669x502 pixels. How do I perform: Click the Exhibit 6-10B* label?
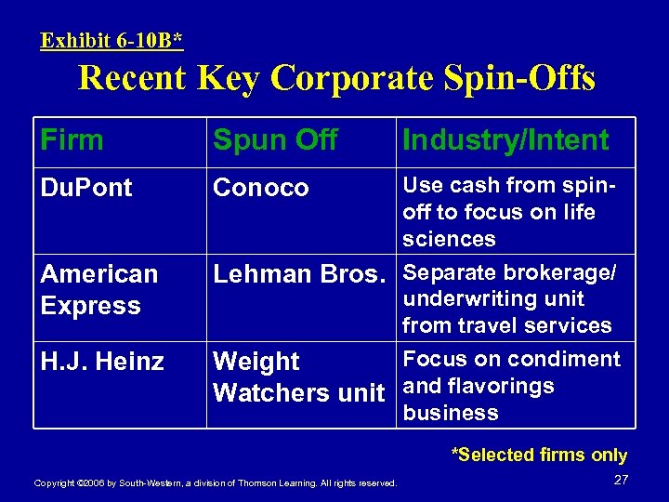(x=111, y=40)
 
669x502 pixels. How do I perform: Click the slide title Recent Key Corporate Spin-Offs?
(x=336, y=78)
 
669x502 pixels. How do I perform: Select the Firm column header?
(x=72, y=140)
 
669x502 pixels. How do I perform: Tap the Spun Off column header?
(x=275, y=140)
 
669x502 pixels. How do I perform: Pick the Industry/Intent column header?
(x=505, y=140)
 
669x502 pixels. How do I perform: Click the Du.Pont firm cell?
(x=86, y=187)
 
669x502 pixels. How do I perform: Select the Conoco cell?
(x=261, y=187)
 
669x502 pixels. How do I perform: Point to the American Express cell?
(x=99, y=289)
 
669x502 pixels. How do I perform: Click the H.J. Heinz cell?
(x=102, y=360)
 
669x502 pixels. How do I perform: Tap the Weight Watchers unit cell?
(x=298, y=376)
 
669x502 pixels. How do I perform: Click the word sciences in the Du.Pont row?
(x=450, y=239)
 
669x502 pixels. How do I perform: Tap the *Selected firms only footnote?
(x=539, y=455)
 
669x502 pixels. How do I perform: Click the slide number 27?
(x=622, y=479)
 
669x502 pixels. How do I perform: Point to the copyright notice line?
(x=215, y=482)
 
